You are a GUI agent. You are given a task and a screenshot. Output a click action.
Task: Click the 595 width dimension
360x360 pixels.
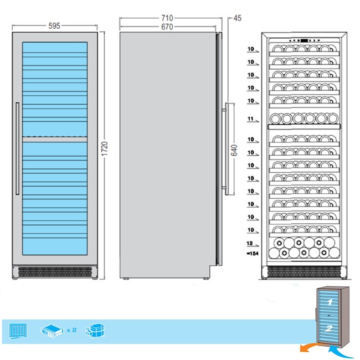point(54,26)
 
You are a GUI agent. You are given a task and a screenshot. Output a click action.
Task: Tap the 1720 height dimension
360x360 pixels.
point(105,149)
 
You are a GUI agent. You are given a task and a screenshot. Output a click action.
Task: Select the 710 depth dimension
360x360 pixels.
point(167,18)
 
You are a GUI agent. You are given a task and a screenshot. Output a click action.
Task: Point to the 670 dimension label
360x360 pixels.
point(167,27)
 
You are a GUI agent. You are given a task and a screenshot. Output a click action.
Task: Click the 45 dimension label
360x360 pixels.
point(238,18)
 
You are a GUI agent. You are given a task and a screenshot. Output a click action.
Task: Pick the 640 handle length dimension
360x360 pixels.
point(234,151)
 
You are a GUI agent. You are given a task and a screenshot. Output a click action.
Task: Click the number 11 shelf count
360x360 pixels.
point(250,119)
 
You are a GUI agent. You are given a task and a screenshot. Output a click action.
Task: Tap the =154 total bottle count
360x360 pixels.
point(253,254)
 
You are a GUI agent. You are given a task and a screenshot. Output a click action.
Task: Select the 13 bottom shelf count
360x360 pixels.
point(250,243)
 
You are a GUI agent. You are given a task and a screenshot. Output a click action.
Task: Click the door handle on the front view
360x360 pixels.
point(18,148)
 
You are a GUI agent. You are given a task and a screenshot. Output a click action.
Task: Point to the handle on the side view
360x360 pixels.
point(227,149)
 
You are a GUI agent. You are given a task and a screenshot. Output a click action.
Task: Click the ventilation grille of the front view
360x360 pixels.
point(55,272)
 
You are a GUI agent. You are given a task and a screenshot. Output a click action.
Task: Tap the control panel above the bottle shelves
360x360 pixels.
point(304,40)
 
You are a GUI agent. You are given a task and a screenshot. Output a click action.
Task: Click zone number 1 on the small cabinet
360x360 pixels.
point(330,302)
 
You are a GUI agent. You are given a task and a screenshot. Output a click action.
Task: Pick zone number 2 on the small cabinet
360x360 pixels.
point(328,328)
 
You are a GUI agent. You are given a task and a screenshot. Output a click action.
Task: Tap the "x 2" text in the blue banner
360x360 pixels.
point(71,330)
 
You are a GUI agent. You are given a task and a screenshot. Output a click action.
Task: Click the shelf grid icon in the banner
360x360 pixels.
point(18,331)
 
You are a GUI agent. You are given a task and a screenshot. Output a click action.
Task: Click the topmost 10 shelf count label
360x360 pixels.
point(251,49)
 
